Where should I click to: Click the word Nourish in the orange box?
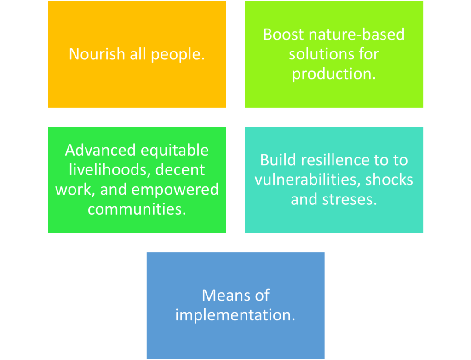click(97, 54)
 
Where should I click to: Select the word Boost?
click(283, 34)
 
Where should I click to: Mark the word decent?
click(180, 170)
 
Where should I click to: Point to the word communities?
click(137, 209)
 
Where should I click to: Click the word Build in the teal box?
click(278, 160)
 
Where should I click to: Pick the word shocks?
click(389, 180)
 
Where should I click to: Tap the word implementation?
click(235, 316)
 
